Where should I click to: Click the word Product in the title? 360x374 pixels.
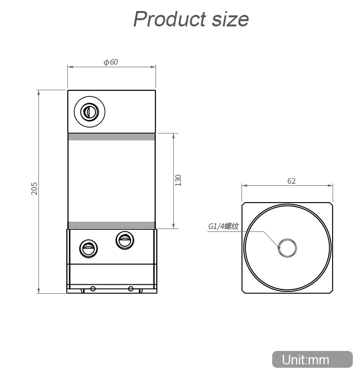(169, 19)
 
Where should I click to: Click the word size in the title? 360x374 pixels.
(230, 19)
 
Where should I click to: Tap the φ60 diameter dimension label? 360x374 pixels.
(110, 62)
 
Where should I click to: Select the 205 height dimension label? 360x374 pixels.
(35, 188)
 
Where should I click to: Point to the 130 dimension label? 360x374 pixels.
(178, 181)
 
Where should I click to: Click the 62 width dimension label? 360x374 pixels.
(291, 181)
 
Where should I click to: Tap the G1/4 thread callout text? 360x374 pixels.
(223, 226)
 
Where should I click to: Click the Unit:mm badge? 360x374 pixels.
(312, 360)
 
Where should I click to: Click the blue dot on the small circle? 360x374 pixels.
(279, 248)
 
